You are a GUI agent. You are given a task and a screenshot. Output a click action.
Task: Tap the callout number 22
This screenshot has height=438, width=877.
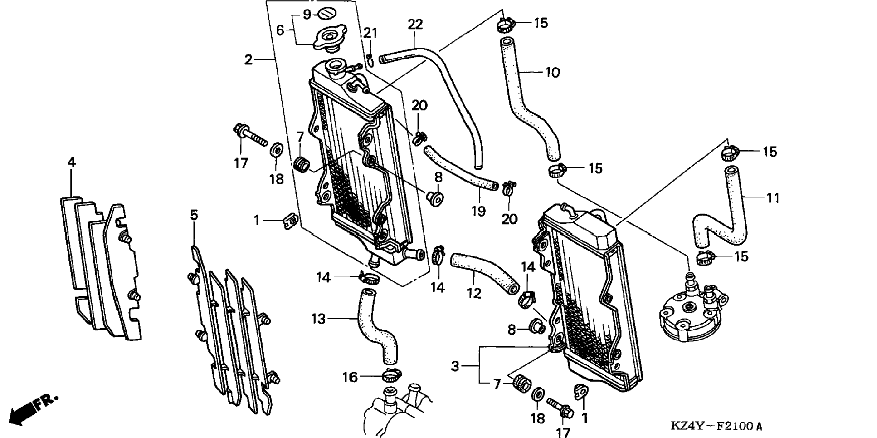pyautogui.click(x=415, y=25)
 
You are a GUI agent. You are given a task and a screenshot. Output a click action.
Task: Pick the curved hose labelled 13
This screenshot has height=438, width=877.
pyautogui.click(x=378, y=326)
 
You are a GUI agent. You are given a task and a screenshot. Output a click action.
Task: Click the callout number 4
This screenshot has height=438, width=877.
pyautogui.click(x=71, y=162)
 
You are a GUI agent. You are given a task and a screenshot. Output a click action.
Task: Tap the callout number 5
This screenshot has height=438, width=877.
pyautogui.click(x=194, y=215)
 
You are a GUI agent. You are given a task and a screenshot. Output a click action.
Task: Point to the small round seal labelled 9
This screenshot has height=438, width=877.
pyautogui.click(x=326, y=14)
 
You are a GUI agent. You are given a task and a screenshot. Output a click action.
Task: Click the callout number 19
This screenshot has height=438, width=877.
pyautogui.click(x=478, y=211)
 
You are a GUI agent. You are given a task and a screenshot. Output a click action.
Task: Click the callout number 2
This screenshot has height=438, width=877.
pyautogui.click(x=248, y=59)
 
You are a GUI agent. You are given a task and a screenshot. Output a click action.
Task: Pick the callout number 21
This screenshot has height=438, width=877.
pyautogui.click(x=370, y=33)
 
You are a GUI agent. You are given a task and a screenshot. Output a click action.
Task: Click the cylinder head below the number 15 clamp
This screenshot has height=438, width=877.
pyautogui.click(x=691, y=312)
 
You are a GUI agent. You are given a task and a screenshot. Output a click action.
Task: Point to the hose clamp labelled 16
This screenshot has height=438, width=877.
pyautogui.click(x=392, y=375)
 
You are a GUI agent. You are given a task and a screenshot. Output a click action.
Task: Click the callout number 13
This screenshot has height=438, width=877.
pyautogui.click(x=318, y=319)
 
